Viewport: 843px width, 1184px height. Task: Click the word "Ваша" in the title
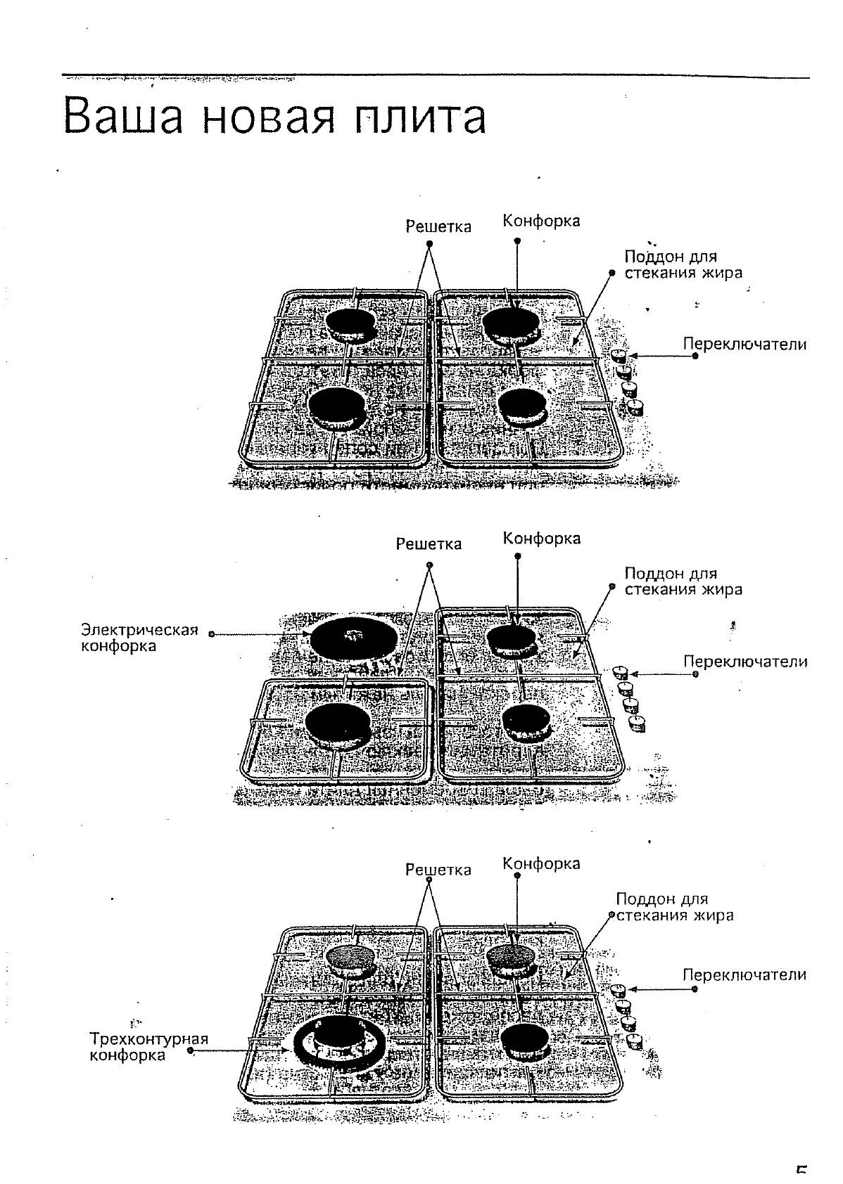[x=123, y=117]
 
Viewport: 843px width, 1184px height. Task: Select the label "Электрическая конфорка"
[x=139, y=637]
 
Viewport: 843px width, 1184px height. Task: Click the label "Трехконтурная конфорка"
[x=149, y=1046]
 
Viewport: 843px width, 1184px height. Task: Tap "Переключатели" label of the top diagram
[x=744, y=345]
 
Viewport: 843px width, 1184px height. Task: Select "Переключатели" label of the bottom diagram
[x=744, y=974]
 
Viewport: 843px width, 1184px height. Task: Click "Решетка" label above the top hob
[x=438, y=226]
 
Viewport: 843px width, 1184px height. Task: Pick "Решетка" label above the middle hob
[x=429, y=543]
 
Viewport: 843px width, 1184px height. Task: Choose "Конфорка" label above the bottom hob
[x=541, y=863]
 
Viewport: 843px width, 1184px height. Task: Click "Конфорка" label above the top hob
[x=541, y=221]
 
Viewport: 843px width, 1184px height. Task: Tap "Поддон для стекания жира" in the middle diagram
[x=683, y=581]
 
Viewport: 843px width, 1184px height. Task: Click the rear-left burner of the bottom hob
[x=350, y=957]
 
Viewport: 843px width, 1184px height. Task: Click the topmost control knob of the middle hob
[x=620, y=671]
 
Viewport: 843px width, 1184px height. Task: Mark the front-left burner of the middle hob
[x=338, y=723]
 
